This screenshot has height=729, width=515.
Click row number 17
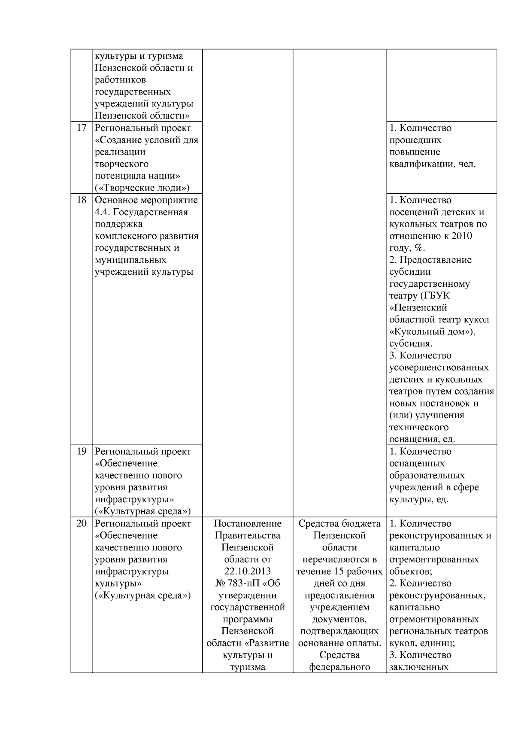point(82,128)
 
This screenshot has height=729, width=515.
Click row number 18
point(82,200)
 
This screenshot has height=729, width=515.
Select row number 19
point(82,452)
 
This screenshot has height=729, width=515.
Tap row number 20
point(82,524)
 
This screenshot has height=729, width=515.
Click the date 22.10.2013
point(248,571)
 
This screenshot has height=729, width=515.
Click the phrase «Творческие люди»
point(142,188)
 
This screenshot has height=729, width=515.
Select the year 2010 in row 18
point(473,236)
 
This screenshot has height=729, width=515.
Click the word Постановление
point(248,524)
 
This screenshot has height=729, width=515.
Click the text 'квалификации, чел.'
point(433,164)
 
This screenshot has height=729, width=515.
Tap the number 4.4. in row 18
point(102,212)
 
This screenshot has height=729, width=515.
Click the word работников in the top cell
point(120,80)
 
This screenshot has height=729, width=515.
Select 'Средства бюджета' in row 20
point(339,524)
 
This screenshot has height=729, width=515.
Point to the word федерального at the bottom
point(339,667)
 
